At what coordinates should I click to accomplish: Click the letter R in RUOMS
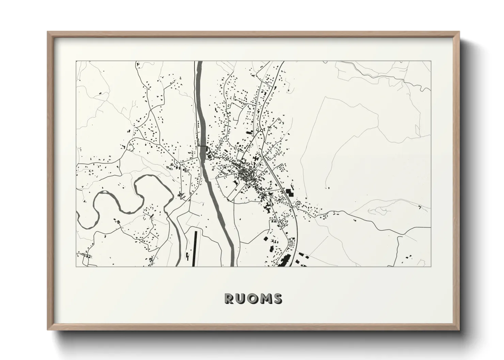click(x=229, y=299)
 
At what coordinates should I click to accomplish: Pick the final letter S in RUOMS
click(x=277, y=299)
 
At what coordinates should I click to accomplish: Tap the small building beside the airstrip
click(x=187, y=256)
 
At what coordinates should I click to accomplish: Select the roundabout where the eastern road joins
click(x=292, y=207)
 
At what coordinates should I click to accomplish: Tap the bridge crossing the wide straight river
click(x=204, y=146)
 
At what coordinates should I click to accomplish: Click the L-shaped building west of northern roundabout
click(x=250, y=132)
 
